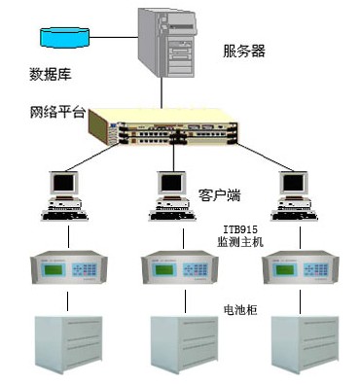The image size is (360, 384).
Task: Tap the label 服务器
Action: (x=242, y=50)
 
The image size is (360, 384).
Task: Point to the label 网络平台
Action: (x=56, y=112)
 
